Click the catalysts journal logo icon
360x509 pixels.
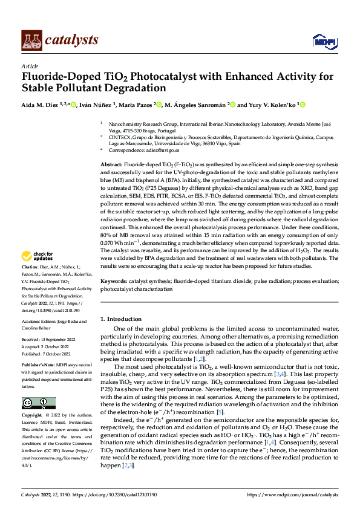[x=31, y=39]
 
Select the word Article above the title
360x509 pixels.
[x=30, y=66]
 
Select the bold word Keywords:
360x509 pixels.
[x=114, y=282]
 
